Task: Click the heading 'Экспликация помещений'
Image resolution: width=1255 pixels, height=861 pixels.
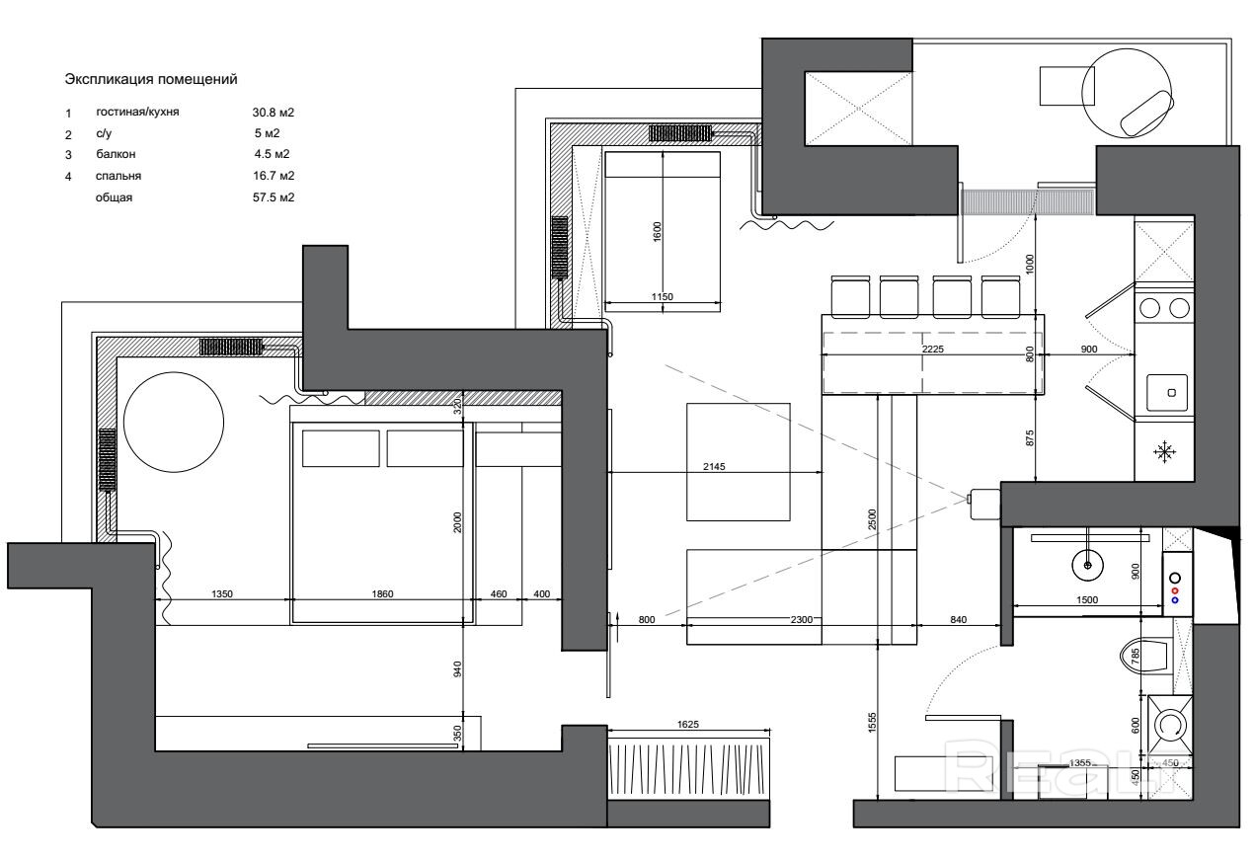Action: pyautogui.click(x=151, y=80)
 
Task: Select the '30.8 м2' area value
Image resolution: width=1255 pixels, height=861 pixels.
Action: pyautogui.click(x=273, y=113)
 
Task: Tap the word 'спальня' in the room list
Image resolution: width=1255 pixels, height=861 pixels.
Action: pyautogui.click(x=118, y=176)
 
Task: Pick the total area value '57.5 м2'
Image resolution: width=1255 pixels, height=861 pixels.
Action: pyautogui.click(x=274, y=197)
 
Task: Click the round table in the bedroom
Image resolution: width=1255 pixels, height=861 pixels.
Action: pyautogui.click(x=174, y=422)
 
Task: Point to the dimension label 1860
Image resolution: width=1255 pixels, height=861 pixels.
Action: pyautogui.click(x=383, y=593)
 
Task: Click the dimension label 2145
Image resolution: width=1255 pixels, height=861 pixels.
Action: pyautogui.click(x=714, y=466)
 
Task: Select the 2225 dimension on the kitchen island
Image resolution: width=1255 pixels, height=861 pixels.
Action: pyautogui.click(x=933, y=349)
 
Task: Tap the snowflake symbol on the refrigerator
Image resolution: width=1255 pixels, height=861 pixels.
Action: pyautogui.click(x=1164, y=451)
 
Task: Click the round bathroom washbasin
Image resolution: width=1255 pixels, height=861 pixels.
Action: pyautogui.click(x=1087, y=565)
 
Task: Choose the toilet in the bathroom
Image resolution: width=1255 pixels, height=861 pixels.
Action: pyautogui.click(x=1146, y=655)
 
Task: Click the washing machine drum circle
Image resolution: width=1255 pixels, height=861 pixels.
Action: pyautogui.click(x=1170, y=725)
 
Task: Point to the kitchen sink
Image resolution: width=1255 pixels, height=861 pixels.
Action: pyautogui.click(x=1167, y=392)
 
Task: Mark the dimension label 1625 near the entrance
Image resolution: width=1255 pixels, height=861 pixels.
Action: pyautogui.click(x=688, y=725)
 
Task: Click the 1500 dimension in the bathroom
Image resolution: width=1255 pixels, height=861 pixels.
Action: pyautogui.click(x=1087, y=600)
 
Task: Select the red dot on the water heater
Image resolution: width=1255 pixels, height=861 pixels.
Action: pyautogui.click(x=1175, y=591)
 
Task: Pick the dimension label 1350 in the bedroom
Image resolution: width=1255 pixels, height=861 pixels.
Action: pyautogui.click(x=222, y=593)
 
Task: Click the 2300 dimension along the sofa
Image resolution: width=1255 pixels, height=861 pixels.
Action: pyautogui.click(x=801, y=619)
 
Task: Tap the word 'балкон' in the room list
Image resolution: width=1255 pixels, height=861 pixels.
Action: pyautogui.click(x=116, y=154)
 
